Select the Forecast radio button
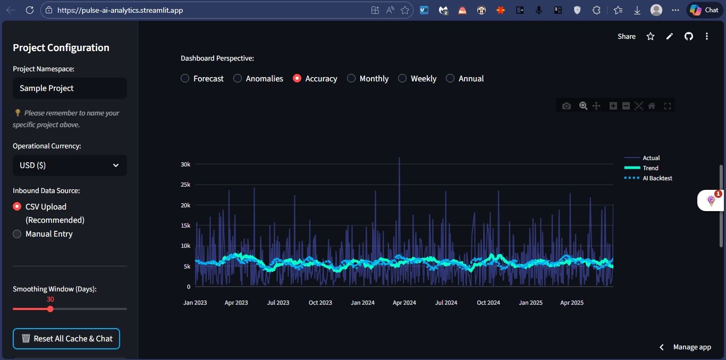(185, 79)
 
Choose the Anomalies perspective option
(238, 79)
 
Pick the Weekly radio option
(402, 79)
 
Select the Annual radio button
(450, 79)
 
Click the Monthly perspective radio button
(351, 79)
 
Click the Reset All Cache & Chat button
(66, 339)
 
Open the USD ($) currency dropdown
(70, 165)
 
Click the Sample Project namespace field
(70, 88)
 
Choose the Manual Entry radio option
(17, 234)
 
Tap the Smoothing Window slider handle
(50, 309)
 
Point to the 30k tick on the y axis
(185, 164)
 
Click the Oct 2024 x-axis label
(488, 303)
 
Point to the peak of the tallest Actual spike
(399, 157)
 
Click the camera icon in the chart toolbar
(567, 106)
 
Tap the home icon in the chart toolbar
(652, 106)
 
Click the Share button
(627, 36)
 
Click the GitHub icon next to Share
(689, 36)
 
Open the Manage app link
(692, 347)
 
